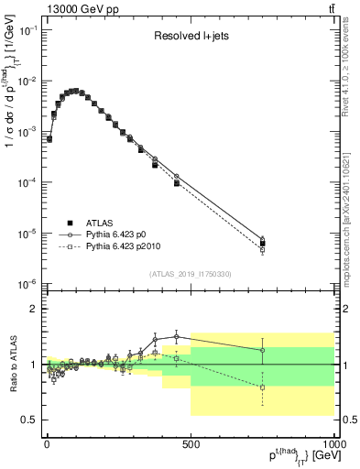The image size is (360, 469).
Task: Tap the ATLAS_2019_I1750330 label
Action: (191, 274)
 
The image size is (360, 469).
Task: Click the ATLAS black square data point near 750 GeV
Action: (262, 244)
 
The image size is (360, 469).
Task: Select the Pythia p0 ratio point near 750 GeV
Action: (262, 350)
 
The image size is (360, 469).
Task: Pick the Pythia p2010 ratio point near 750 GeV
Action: (262, 387)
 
